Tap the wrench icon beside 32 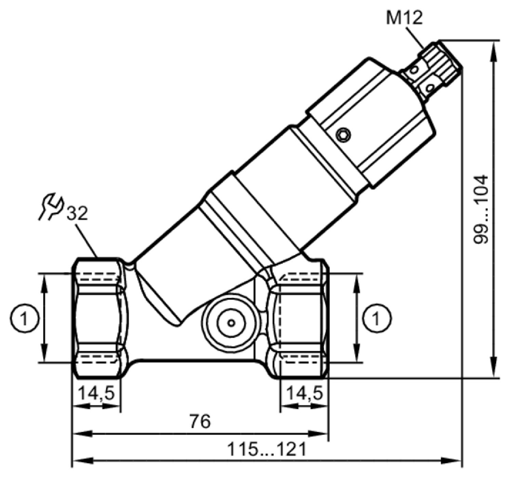51,206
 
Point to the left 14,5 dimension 96,394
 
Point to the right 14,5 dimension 305,394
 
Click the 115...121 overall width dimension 267,449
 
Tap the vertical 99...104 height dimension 481,209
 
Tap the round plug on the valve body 231,323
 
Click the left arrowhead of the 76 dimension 83,434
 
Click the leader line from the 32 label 87,241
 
